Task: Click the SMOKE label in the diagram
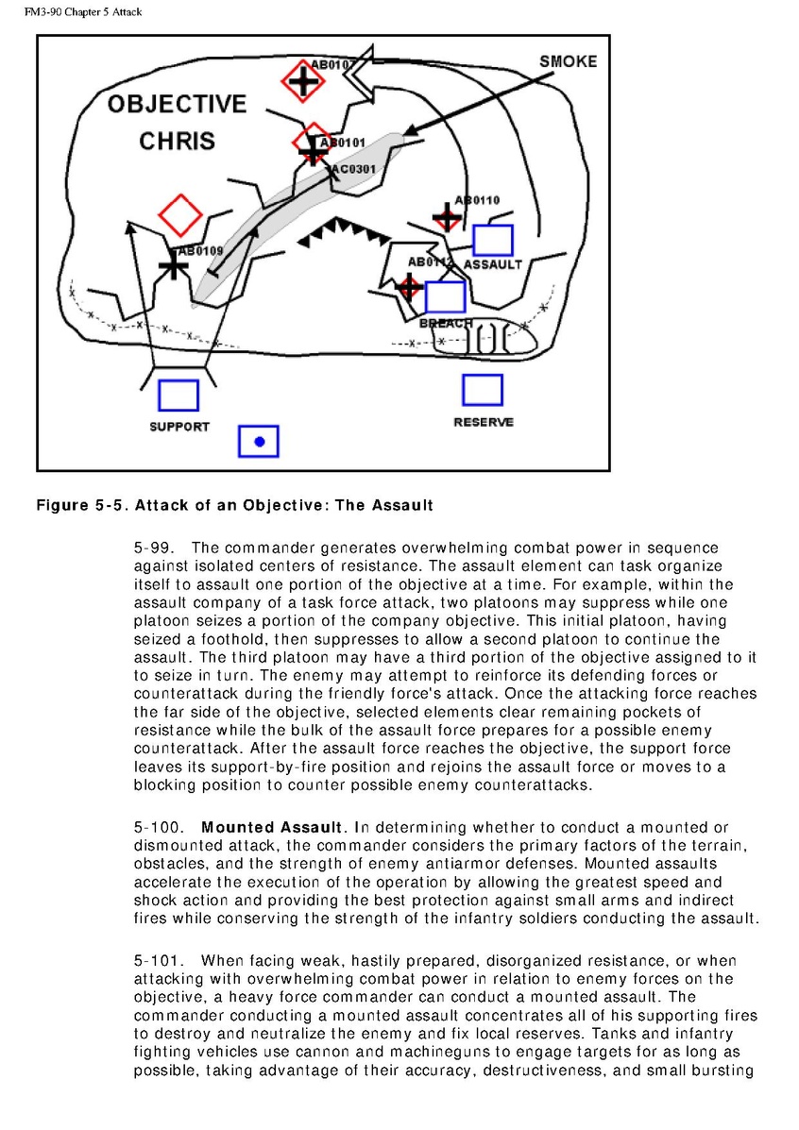[568, 61]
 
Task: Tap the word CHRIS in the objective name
[177, 142]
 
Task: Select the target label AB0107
[333, 64]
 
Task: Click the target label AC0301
[353, 169]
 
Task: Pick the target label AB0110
[477, 200]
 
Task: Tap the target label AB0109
[200, 251]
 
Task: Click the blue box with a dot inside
[259, 441]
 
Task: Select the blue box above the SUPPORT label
[178, 396]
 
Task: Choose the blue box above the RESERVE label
[482, 390]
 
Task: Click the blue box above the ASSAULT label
[492, 240]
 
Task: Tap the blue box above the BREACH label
[445, 296]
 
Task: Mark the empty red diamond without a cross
[179, 215]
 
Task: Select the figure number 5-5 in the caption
[112, 506]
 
